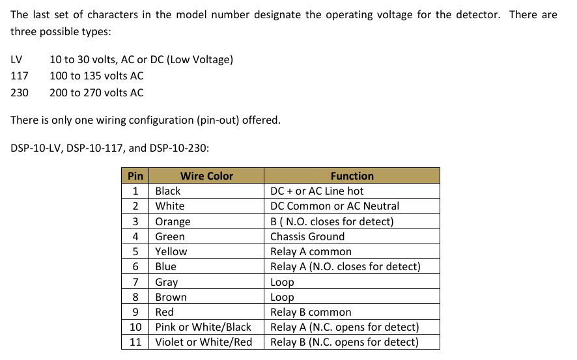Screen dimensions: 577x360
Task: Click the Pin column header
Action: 135,176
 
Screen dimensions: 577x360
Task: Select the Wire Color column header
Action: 207,176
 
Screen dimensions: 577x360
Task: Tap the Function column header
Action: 352,176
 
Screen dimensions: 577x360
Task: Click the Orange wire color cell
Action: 173,222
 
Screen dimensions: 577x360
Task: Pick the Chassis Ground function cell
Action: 307,236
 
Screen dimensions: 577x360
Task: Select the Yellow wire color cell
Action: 171,251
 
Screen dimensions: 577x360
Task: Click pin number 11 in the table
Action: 135,342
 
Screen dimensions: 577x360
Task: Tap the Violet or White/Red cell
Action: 203,342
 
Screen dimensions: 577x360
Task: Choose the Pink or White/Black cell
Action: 203,327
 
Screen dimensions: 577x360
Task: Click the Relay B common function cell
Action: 311,312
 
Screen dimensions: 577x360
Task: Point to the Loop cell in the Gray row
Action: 282,282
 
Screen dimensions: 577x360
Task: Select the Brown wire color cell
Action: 171,297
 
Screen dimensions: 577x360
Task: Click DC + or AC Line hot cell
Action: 317,191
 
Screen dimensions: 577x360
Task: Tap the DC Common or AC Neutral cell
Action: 335,206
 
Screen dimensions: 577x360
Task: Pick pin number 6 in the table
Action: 135,267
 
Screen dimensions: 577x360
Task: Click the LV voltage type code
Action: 16,60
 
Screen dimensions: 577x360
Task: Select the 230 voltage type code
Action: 20,92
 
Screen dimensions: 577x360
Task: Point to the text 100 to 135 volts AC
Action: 96,76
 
